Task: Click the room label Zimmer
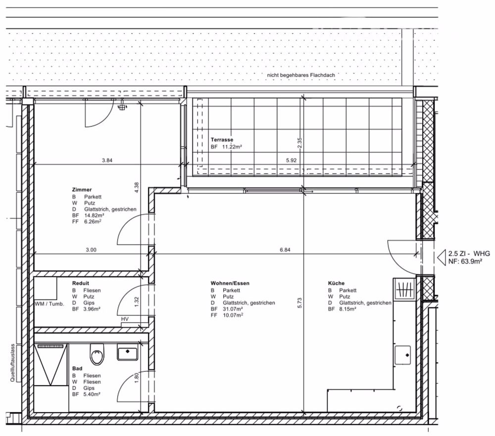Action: pos(81,190)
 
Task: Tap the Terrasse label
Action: pos(221,140)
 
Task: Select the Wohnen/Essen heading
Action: pos(230,283)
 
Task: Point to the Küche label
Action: pos(336,283)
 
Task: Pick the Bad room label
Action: pos(77,369)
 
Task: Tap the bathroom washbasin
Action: pos(128,353)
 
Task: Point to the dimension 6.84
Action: pos(285,250)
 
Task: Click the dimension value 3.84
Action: pos(107,160)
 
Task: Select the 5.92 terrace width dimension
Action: pos(291,160)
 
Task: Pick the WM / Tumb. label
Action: pos(49,304)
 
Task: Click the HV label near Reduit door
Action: pos(125,320)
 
